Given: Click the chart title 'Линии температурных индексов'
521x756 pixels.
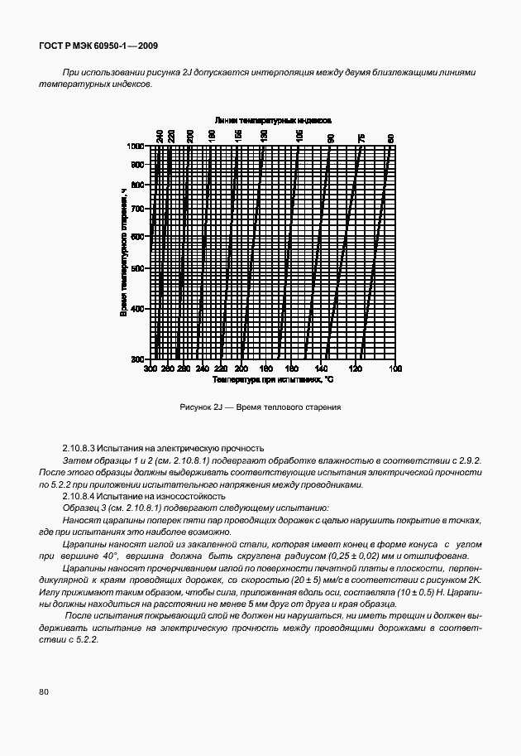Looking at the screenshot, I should pos(273,120).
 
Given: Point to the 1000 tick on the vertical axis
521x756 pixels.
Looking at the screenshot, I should pos(136,146).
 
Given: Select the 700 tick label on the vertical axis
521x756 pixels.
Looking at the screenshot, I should pos(138,209).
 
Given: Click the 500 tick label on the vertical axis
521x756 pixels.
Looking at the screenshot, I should pos(138,268).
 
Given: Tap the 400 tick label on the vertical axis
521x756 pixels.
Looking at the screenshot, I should pos(138,308).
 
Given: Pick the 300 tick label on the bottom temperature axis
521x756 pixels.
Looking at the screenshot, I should pos(151,368).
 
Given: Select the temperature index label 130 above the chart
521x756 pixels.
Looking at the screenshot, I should pos(264,137).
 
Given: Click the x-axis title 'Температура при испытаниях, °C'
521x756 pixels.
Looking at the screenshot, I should pos(272,379).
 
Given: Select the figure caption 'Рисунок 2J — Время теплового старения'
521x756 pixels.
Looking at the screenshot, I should pos(260,407).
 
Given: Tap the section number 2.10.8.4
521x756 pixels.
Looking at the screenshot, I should pos(82,496).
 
